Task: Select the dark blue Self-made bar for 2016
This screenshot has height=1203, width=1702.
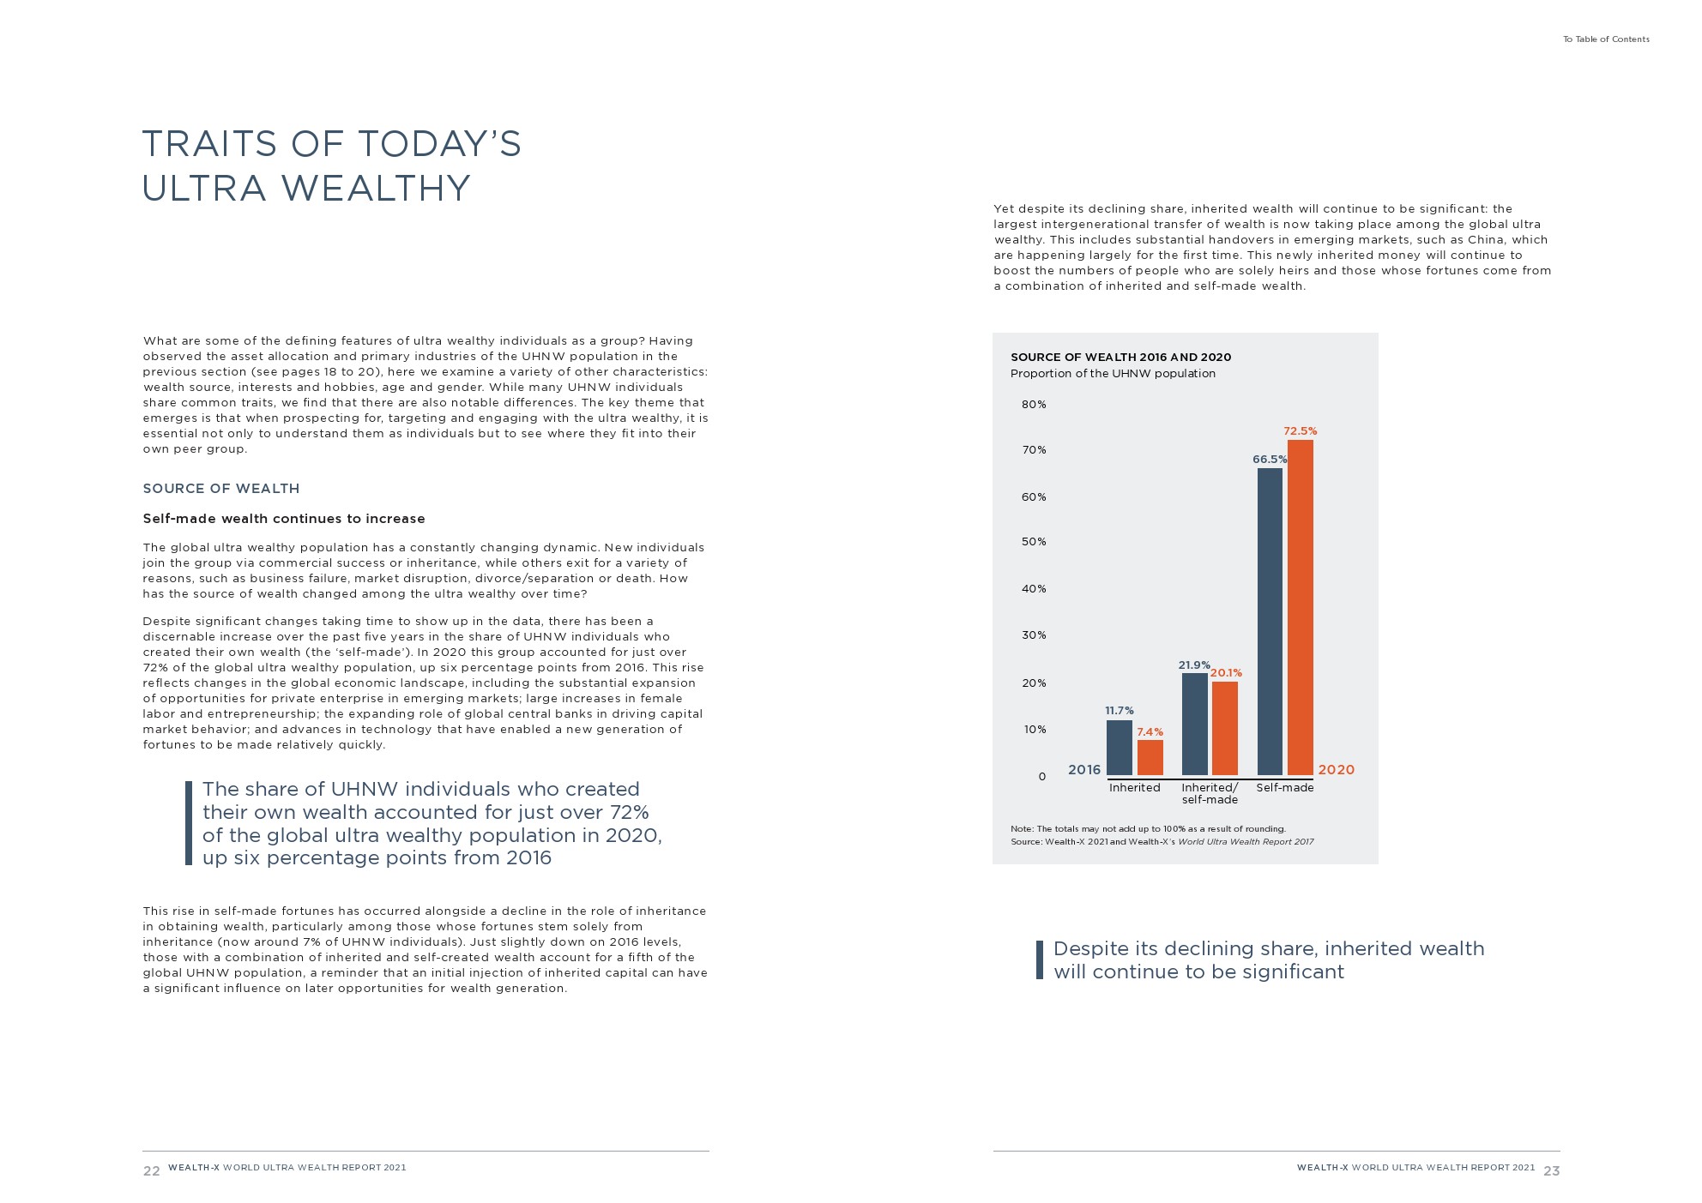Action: click(1270, 621)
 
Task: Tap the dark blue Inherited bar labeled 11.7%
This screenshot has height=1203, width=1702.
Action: click(1119, 747)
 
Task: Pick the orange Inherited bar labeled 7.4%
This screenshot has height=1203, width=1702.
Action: click(1150, 757)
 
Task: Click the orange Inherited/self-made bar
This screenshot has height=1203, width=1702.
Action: click(1224, 728)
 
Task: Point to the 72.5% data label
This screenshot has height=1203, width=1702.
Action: click(1300, 431)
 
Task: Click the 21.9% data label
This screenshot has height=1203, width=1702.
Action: click(1193, 665)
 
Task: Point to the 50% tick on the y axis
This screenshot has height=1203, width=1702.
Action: click(1034, 542)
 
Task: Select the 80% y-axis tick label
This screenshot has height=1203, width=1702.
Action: click(1034, 405)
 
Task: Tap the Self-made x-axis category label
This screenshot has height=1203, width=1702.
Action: click(1284, 788)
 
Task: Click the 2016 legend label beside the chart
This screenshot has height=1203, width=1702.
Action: click(1083, 770)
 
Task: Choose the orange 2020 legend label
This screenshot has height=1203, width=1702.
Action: click(1336, 770)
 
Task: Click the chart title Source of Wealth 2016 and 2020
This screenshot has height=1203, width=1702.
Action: click(1120, 358)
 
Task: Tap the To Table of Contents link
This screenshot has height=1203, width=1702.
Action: click(1605, 39)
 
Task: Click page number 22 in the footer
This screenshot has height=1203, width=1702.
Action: click(151, 1171)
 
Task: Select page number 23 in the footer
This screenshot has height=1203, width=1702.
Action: click(1551, 1171)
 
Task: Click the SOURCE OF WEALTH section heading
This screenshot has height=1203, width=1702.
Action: click(221, 489)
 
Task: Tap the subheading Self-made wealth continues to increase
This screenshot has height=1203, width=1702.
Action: click(284, 519)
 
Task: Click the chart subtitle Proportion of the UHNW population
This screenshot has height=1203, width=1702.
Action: click(1113, 374)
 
